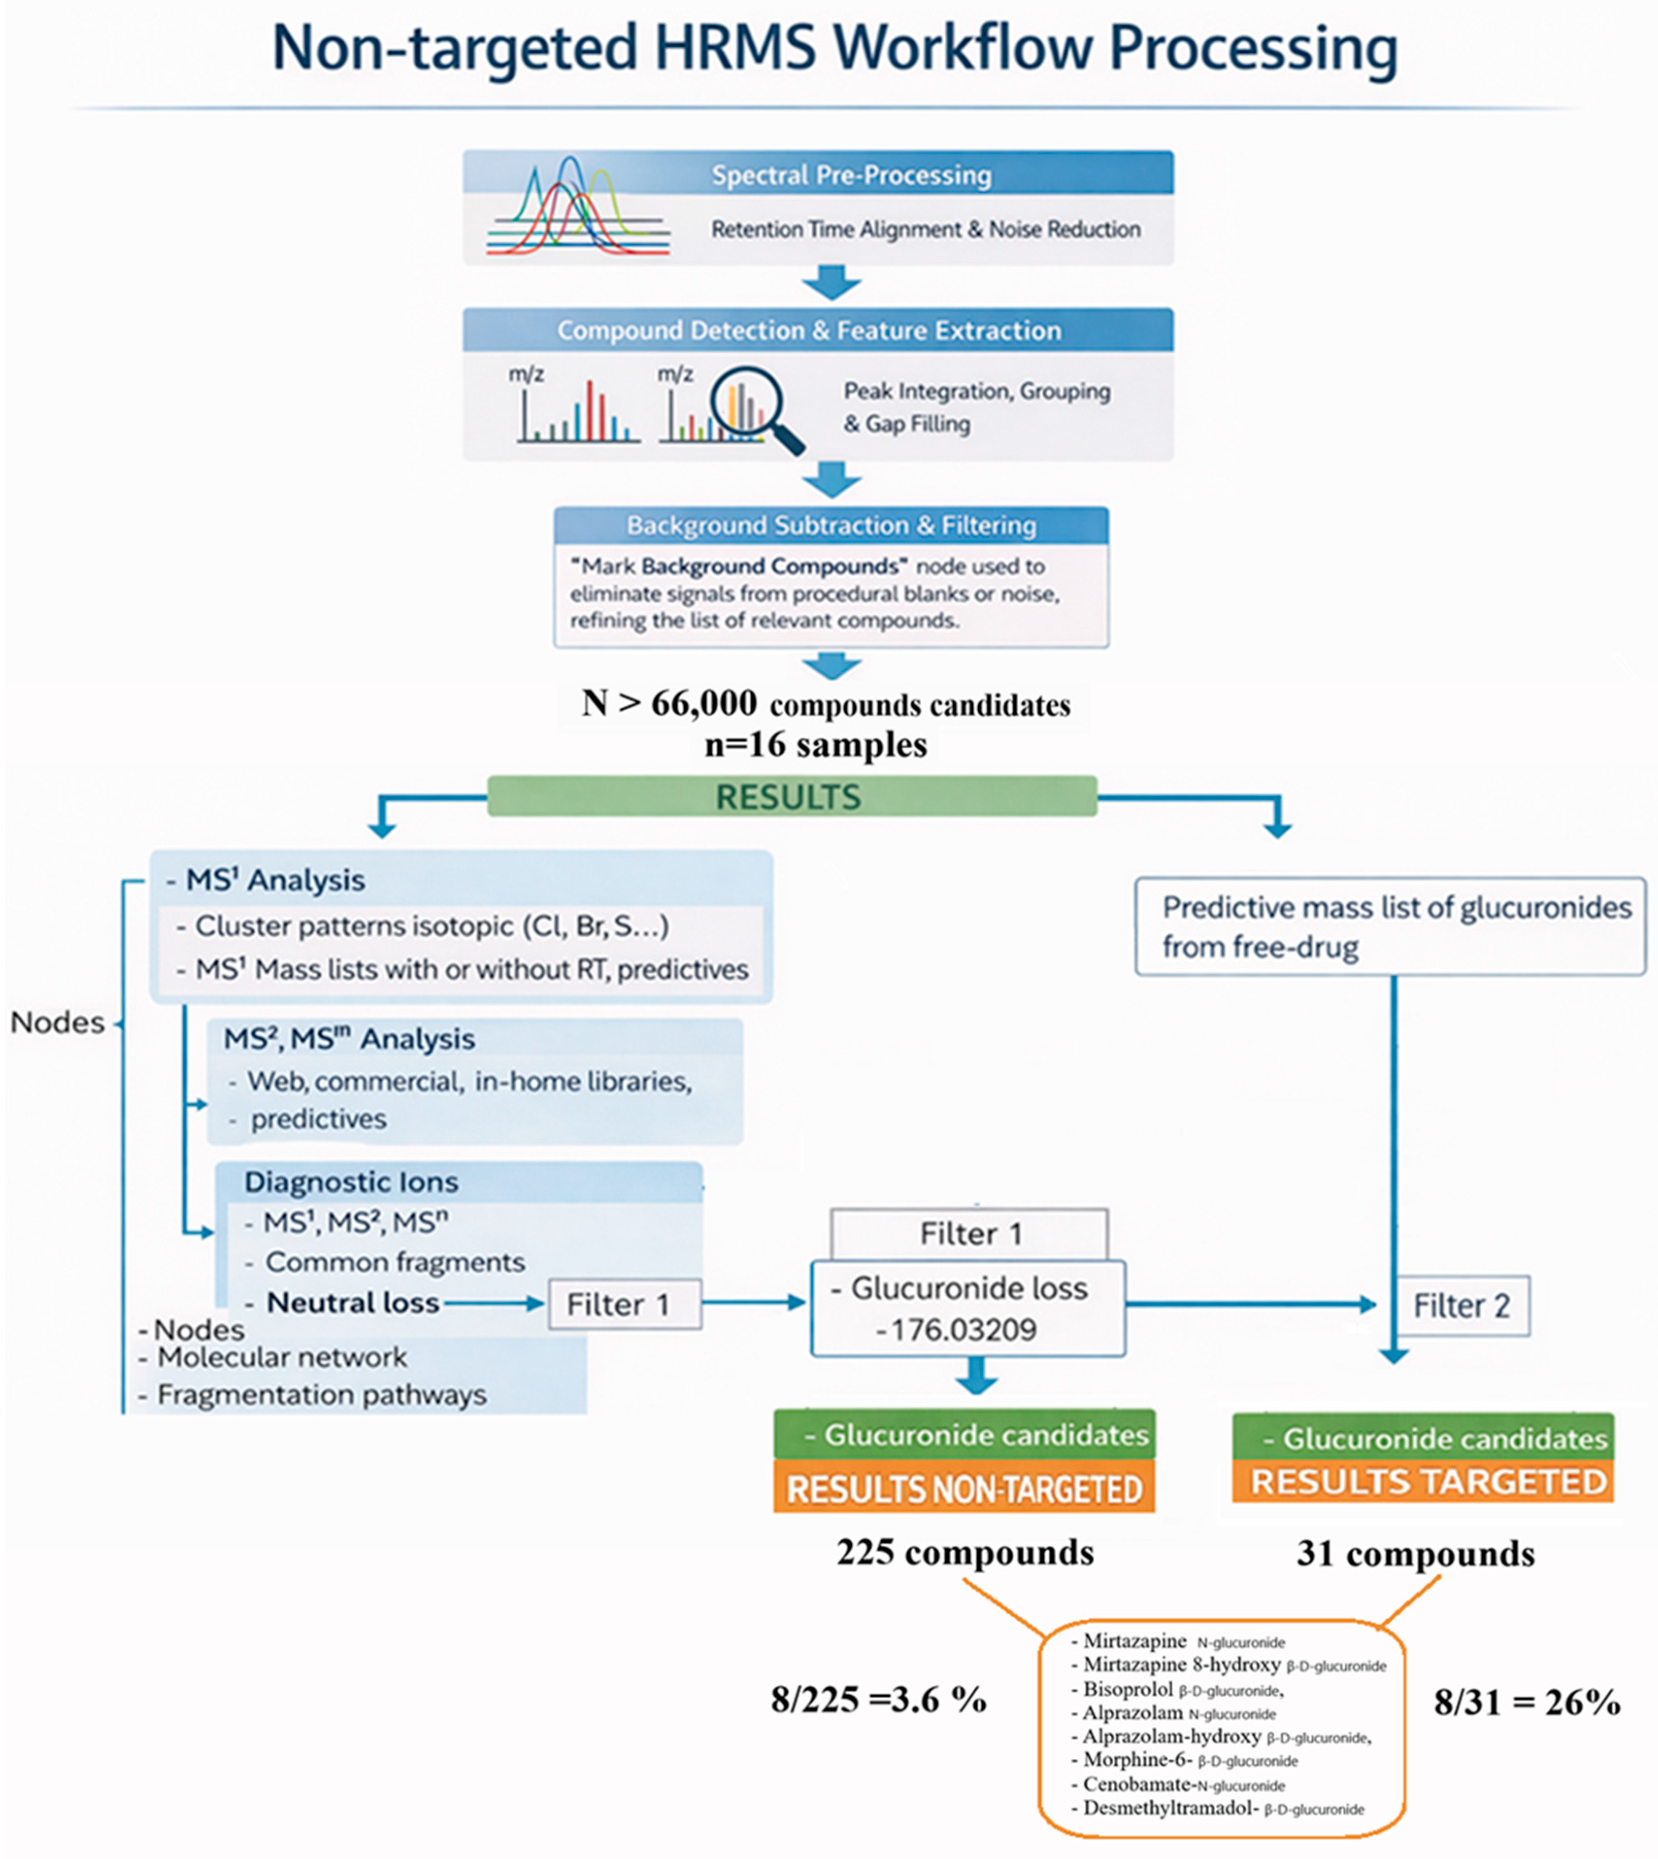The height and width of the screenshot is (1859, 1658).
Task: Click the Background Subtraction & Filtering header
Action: (831, 526)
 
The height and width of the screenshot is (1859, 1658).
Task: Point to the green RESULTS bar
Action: (792, 797)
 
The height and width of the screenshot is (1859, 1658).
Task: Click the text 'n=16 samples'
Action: (815, 745)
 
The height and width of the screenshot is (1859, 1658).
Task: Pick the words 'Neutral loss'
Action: (353, 1302)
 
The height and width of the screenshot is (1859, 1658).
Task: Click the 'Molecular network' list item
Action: (282, 1357)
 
